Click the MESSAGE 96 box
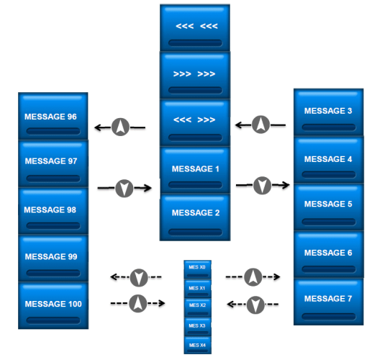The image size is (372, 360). (53, 116)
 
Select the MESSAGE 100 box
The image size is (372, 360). (53, 305)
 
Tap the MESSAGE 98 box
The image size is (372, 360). (53, 211)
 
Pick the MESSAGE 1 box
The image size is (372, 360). (195, 170)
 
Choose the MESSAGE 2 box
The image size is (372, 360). (195, 217)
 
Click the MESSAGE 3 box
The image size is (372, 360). (329, 112)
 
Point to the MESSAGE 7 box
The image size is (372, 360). (329, 302)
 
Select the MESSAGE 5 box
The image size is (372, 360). (329, 207)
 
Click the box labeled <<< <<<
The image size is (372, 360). (195, 27)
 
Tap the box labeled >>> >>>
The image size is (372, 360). (195, 75)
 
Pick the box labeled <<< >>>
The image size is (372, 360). (195, 122)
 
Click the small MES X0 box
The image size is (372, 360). (198, 269)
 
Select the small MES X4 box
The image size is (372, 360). (198, 345)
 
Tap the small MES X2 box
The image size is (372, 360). (198, 307)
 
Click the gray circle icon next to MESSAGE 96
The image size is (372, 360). (120, 127)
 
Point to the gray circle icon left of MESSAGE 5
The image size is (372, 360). (263, 185)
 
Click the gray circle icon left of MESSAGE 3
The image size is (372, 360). (261, 125)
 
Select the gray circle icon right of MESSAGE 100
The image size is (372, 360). (138, 303)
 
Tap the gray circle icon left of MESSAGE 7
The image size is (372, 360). (255, 305)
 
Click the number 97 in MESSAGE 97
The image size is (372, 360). (73, 161)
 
